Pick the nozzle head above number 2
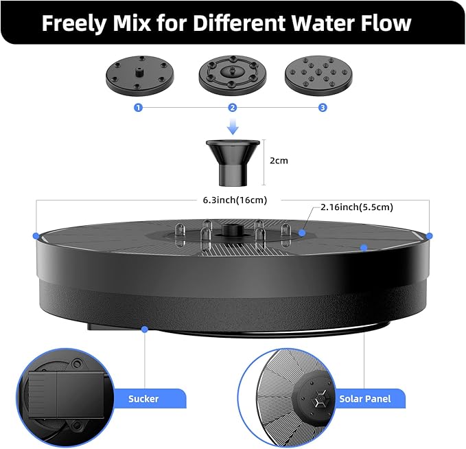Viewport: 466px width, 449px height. click(x=233, y=73)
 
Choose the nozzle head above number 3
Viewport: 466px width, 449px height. click(x=319, y=73)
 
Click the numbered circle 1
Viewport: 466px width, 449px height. click(x=139, y=108)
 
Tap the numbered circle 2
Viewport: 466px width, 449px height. click(x=233, y=108)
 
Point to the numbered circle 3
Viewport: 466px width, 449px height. click(x=323, y=108)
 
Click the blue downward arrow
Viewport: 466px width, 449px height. click(x=233, y=126)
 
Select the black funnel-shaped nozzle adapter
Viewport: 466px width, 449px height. click(x=233, y=162)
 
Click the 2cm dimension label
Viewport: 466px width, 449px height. click(x=279, y=161)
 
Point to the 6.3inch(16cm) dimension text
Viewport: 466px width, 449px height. click(x=235, y=200)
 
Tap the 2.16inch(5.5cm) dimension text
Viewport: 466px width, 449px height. click(x=357, y=207)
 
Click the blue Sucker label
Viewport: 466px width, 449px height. click(x=143, y=398)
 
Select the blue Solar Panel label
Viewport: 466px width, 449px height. click(x=365, y=398)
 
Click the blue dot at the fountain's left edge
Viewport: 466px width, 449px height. click(x=36, y=235)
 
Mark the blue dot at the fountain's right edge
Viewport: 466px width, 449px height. click(x=430, y=235)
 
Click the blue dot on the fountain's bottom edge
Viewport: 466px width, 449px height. click(x=144, y=330)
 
